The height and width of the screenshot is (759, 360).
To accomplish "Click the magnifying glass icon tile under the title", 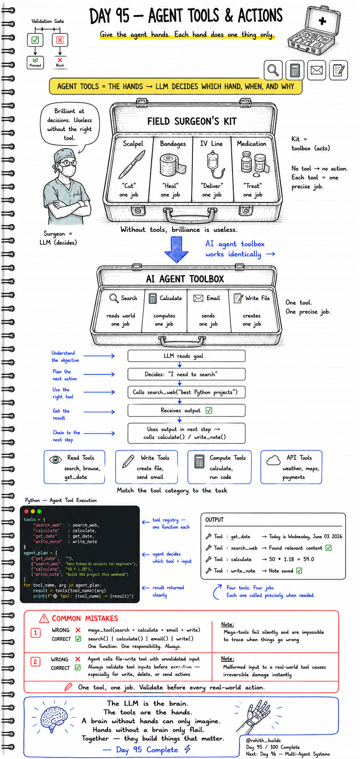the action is (x=273, y=70).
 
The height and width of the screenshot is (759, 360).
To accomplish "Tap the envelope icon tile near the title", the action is (x=316, y=70).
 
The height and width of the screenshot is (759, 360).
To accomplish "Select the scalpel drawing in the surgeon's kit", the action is (x=132, y=164).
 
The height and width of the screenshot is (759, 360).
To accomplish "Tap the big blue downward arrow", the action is (x=176, y=249).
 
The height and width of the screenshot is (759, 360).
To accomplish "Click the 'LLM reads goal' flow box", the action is (x=186, y=356).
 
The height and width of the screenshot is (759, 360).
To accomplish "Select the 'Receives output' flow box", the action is (x=186, y=411).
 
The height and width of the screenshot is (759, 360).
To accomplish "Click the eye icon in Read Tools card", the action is (x=55, y=460).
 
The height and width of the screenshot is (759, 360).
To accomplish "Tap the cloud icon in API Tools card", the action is (x=273, y=460).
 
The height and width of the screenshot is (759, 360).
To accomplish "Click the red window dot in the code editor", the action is (x=26, y=511).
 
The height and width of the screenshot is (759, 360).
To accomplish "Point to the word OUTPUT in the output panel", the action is (x=214, y=520).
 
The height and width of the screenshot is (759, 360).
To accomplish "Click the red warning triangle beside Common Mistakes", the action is (x=44, y=618).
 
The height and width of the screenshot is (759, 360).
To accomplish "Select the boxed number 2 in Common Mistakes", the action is (x=35, y=661).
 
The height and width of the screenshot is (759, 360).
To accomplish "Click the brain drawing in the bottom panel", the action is (x=54, y=719).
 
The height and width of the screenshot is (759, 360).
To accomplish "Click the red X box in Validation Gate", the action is (x=60, y=40).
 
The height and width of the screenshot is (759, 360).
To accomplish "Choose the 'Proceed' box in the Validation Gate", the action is (x=35, y=63).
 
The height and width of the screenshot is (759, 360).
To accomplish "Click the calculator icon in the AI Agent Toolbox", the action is (x=152, y=298).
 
